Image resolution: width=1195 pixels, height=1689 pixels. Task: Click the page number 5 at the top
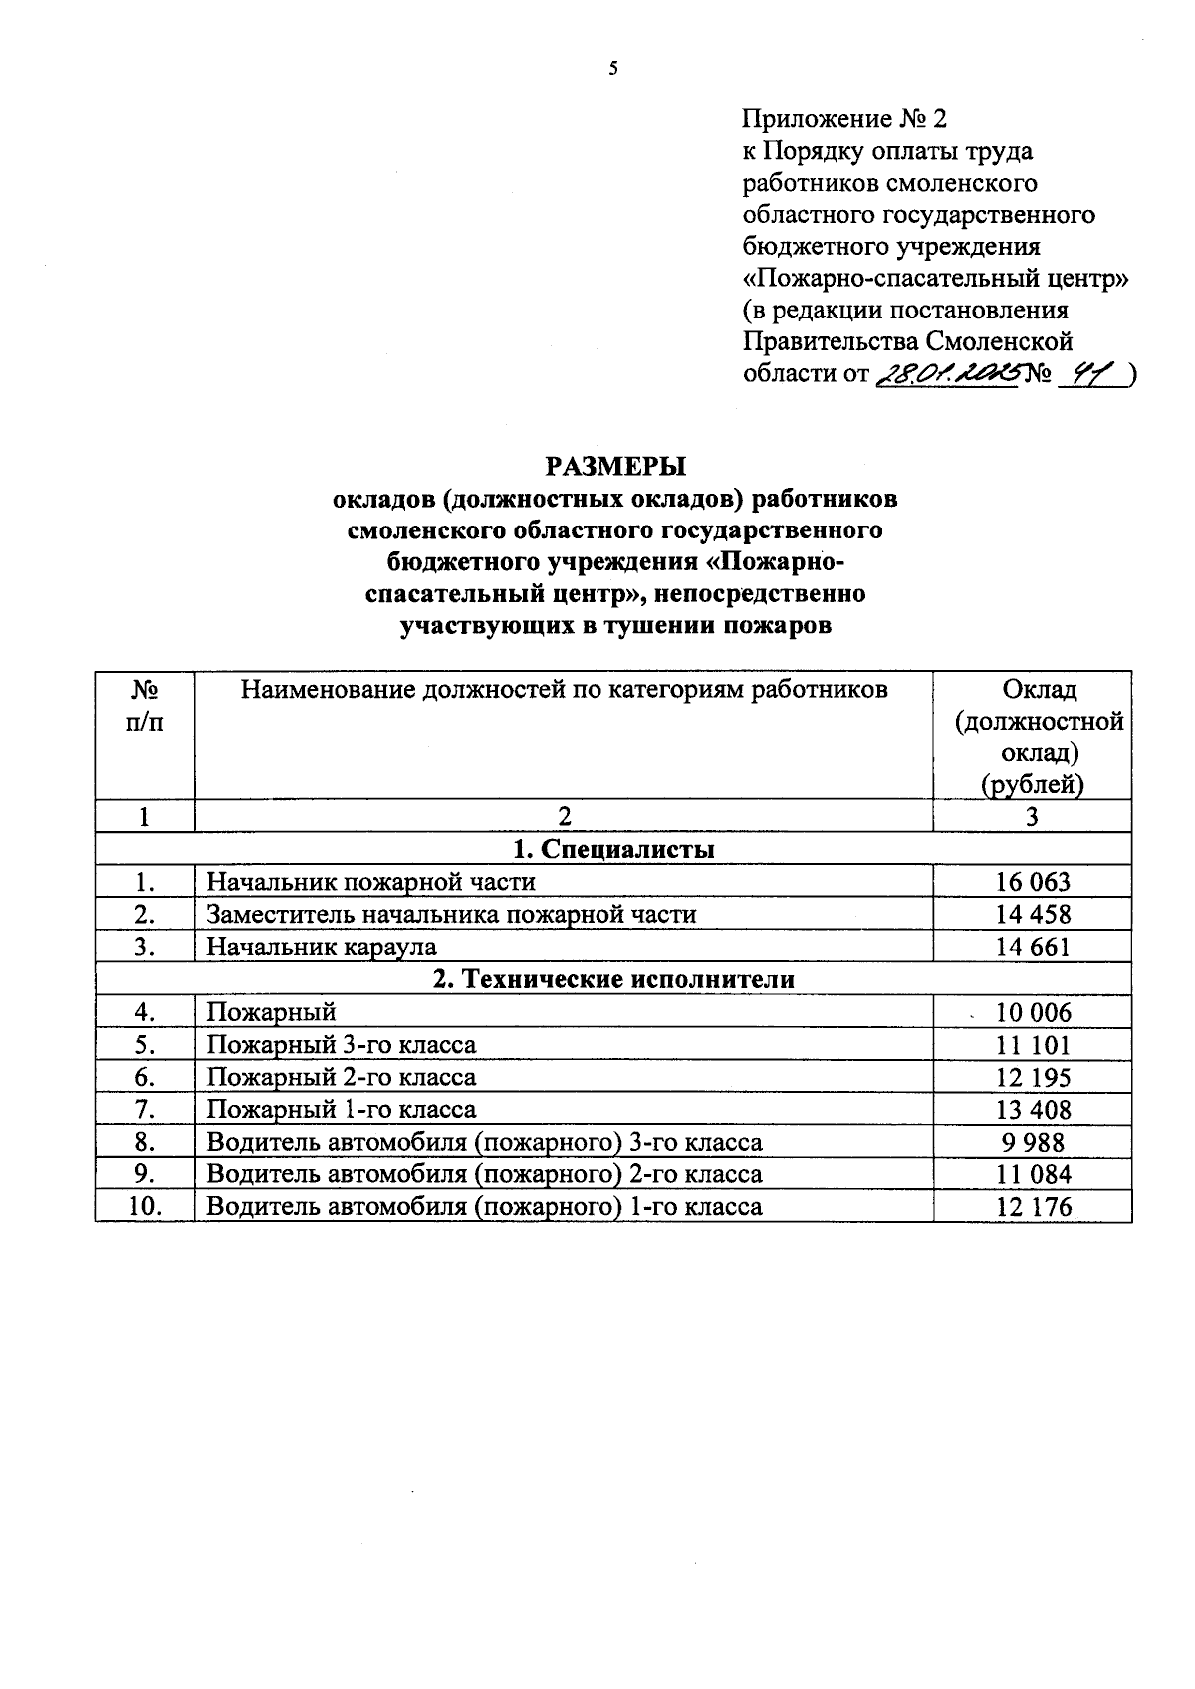[x=613, y=69]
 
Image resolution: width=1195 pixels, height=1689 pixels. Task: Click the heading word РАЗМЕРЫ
[x=615, y=466]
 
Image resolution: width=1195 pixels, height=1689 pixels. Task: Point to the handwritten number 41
[x=1087, y=374]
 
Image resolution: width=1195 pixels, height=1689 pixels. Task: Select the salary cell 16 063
[x=1033, y=882]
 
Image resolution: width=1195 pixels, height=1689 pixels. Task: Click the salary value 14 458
[x=1033, y=914]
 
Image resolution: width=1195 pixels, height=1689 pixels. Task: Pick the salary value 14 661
[x=1033, y=947]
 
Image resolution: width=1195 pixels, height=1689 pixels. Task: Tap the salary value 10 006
[x=1034, y=1013]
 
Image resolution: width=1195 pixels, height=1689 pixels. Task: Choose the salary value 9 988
[x=1033, y=1142]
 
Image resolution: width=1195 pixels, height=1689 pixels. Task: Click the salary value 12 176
[x=1033, y=1207]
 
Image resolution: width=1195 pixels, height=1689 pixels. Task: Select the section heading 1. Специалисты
[x=613, y=849]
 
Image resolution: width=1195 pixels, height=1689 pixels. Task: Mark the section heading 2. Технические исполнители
[x=613, y=979]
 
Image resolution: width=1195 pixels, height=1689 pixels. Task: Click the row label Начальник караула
[x=322, y=947]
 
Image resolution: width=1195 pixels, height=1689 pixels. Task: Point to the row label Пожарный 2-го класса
[x=341, y=1077]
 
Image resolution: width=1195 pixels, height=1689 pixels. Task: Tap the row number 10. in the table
[x=145, y=1207]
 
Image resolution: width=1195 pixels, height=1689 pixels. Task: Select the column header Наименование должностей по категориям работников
[x=565, y=689]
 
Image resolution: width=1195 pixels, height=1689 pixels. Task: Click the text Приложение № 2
[x=844, y=120]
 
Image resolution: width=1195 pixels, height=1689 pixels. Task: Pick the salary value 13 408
[x=1033, y=1110]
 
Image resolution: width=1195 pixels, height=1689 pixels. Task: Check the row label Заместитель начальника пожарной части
[x=451, y=914]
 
